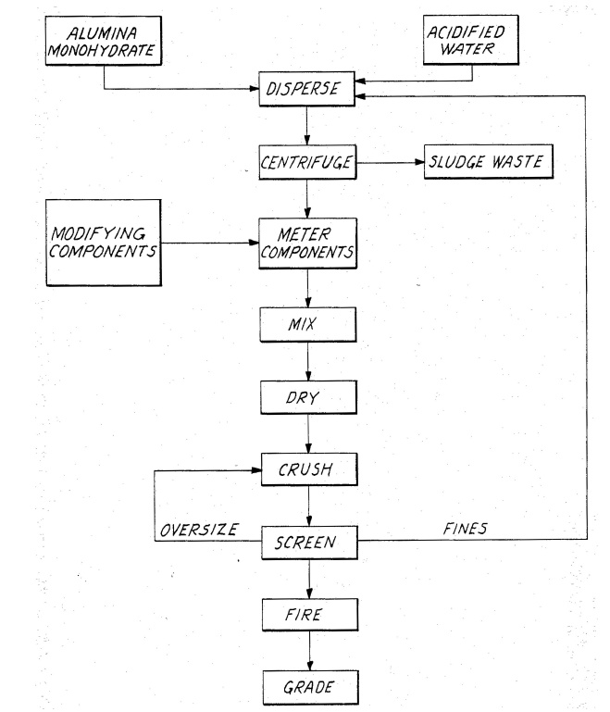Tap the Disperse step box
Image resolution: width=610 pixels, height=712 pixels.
coord(307,92)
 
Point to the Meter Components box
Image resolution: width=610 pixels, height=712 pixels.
coord(307,243)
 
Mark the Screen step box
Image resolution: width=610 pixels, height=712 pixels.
coord(307,542)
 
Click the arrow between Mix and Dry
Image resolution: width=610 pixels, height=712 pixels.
coord(308,361)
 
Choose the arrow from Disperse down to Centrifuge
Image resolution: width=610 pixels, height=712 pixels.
coord(308,128)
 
